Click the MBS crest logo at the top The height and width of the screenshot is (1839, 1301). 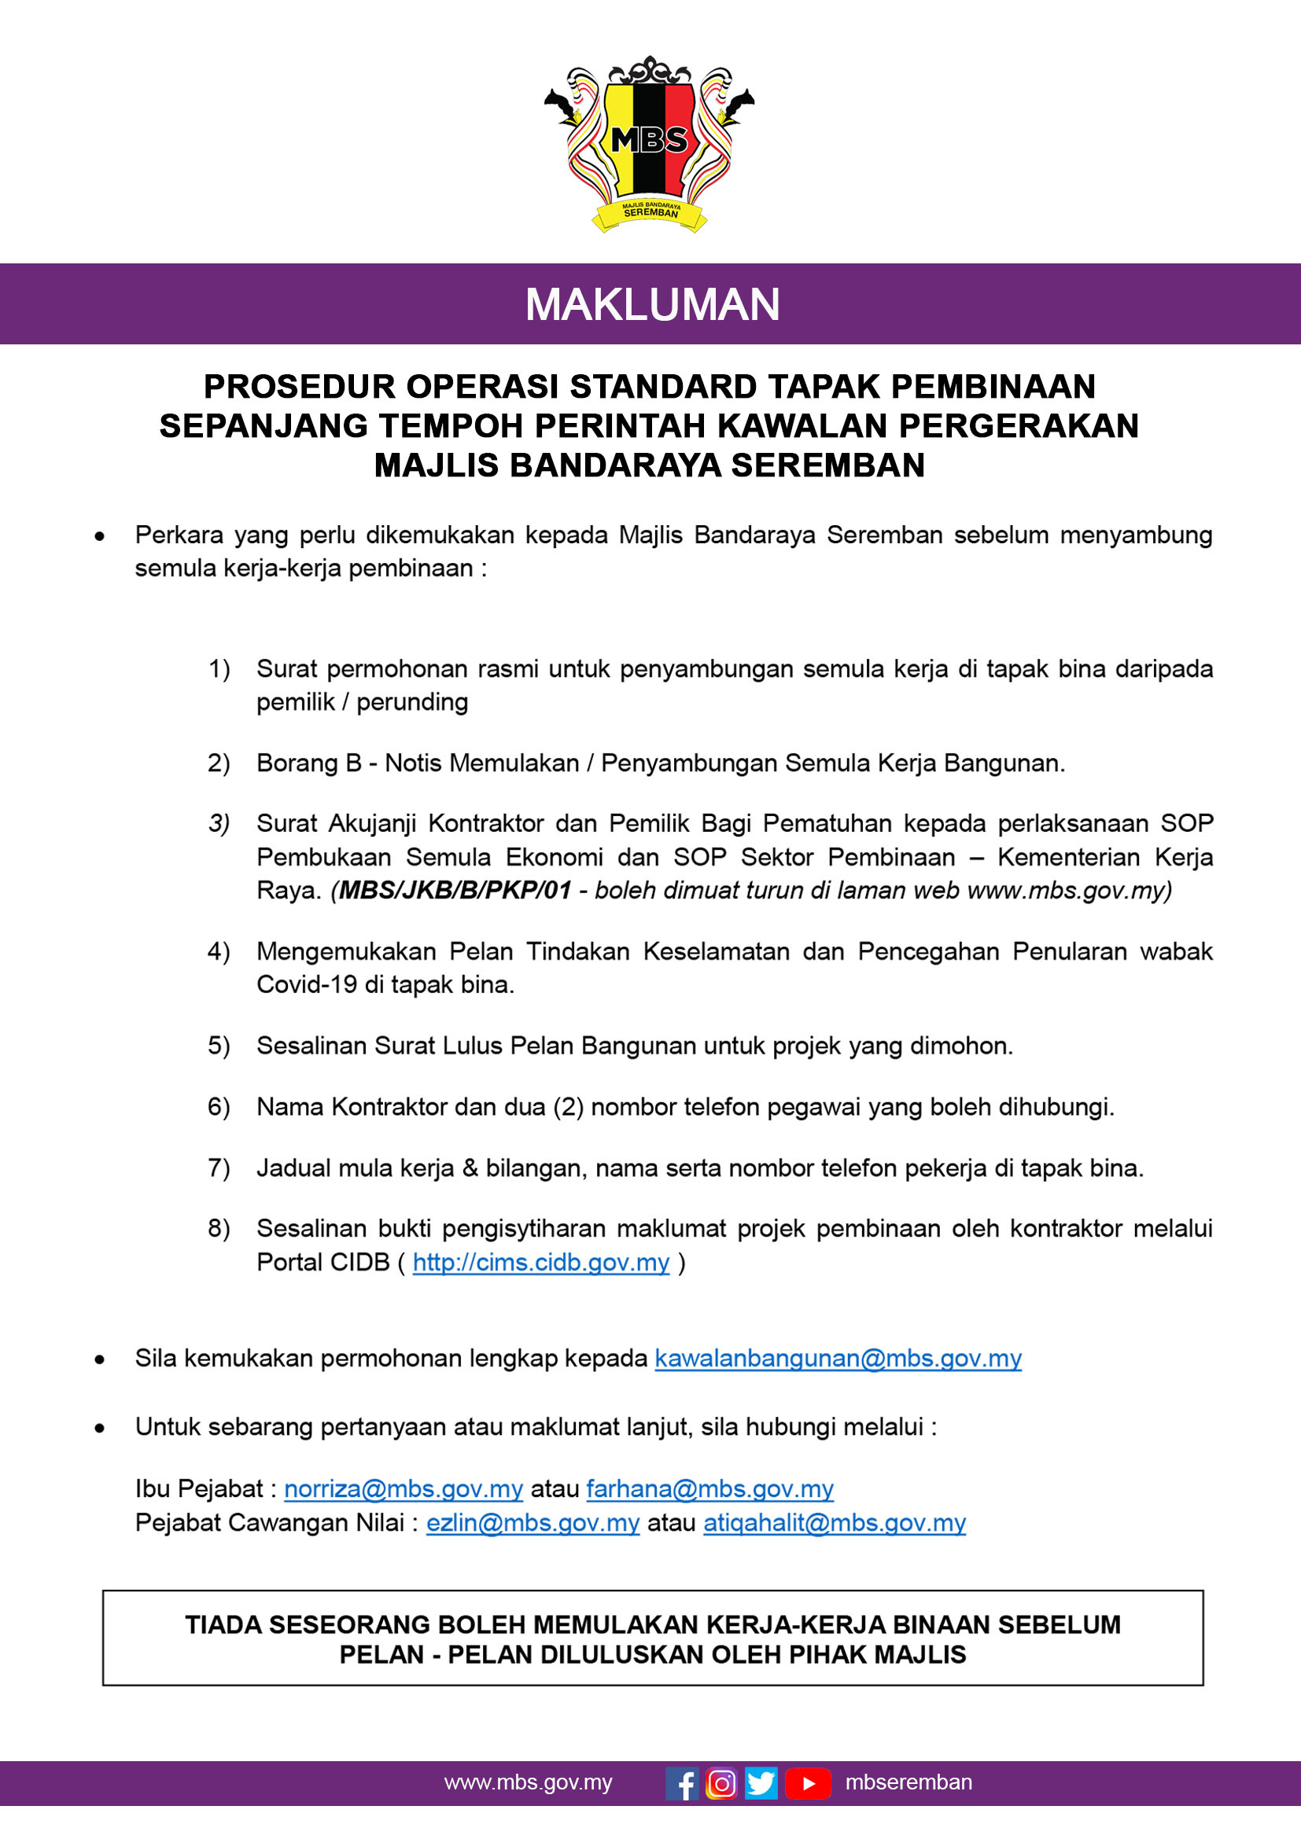[x=649, y=144]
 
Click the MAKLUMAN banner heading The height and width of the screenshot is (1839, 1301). [x=652, y=304]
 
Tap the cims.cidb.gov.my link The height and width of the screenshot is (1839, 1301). [x=540, y=1263]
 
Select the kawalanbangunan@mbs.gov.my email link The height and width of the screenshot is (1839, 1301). [x=838, y=1359]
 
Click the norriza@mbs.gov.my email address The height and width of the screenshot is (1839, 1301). [x=403, y=1489]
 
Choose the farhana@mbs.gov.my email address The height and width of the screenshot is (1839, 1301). [x=709, y=1489]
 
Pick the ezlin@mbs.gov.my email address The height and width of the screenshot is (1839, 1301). [x=533, y=1523]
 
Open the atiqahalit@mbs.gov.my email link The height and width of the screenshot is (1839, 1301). [x=834, y=1523]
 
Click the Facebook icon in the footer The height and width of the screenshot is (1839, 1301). [x=682, y=1784]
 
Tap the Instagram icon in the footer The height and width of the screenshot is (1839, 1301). [x=721, y=1784]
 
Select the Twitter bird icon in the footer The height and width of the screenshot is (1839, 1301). [x=761, y=1784]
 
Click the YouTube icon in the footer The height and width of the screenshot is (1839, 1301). [x=808, y=1784]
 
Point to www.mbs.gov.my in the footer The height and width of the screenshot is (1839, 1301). [x=528, y=1783]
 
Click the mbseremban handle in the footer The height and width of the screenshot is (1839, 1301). [x=908, y=1783]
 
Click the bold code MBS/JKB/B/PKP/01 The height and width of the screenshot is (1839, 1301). [x=455, y=891]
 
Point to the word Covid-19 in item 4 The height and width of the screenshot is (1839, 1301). [x=307, y=984]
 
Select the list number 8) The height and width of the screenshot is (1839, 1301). [x=219, y=1229]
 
